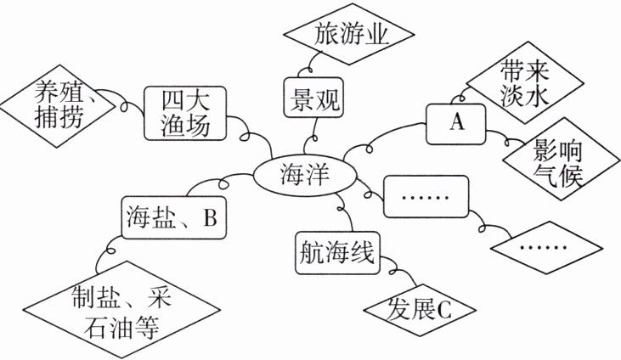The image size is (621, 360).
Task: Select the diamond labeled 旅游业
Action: (351, 36)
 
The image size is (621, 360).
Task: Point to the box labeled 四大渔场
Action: (184, 113)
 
